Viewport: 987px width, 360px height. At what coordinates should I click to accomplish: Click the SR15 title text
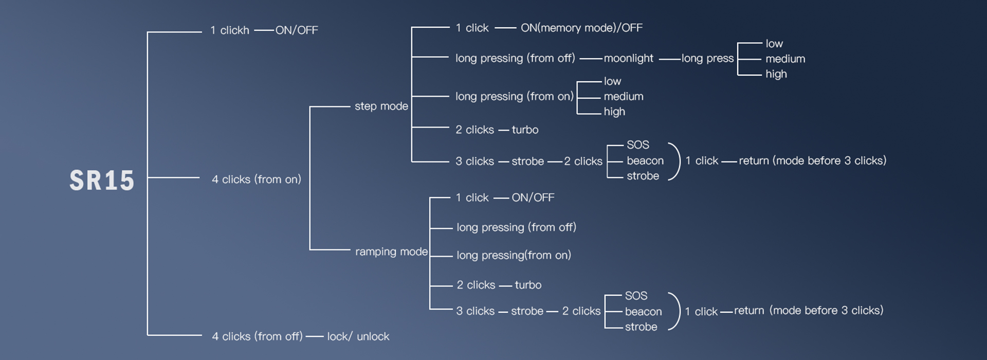pyautogui.click(x=102, y=181)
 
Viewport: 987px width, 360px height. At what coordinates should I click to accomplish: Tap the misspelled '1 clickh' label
pyautogui.click(x=229, y=30)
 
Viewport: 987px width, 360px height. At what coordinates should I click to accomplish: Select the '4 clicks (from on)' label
pyautogui.click(x=256, y=179)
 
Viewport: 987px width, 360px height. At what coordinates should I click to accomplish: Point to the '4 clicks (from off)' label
pyautogui.click(x=257, y=336)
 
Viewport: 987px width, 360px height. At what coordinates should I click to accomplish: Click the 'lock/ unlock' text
pyautogui.click(x=358, y=336)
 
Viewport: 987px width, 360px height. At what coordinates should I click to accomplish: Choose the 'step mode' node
pyautogui.click(x=381, y=106)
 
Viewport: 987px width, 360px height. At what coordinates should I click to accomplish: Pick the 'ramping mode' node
pyautogui.click(x=391, y=251)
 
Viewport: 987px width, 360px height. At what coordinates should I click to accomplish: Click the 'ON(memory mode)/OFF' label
pyautogui.click(x=581, y=28)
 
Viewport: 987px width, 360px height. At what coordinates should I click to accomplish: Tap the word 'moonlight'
pyautogui.click(x=628, y=59)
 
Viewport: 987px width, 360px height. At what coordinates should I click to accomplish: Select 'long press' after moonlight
pyautogui.click(x=707, y=59)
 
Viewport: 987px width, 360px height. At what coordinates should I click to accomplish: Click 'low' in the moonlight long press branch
pyautogui.click(x=774, y=44)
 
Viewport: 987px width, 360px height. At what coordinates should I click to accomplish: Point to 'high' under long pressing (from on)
pyautogui.click(x=614, y=112)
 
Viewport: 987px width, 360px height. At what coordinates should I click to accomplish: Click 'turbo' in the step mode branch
pyautogui.click(x=525, y=130)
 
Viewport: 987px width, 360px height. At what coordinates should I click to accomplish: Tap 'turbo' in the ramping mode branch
pyautogui.click(x=528, y=285)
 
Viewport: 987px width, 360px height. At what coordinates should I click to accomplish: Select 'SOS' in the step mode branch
pyautogui.click(x=637, y=145)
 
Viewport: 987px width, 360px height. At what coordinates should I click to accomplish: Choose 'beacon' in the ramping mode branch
pyautogui.click(x=643, y=312)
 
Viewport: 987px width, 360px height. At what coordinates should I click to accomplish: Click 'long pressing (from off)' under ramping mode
pyautogui.click(x=516, y=227)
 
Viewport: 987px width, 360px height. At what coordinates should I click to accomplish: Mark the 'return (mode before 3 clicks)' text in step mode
pyautogui.click(x=812, y=160)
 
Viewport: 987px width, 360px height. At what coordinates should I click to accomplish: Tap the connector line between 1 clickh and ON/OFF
pyautogui.click(x=264, y=30)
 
